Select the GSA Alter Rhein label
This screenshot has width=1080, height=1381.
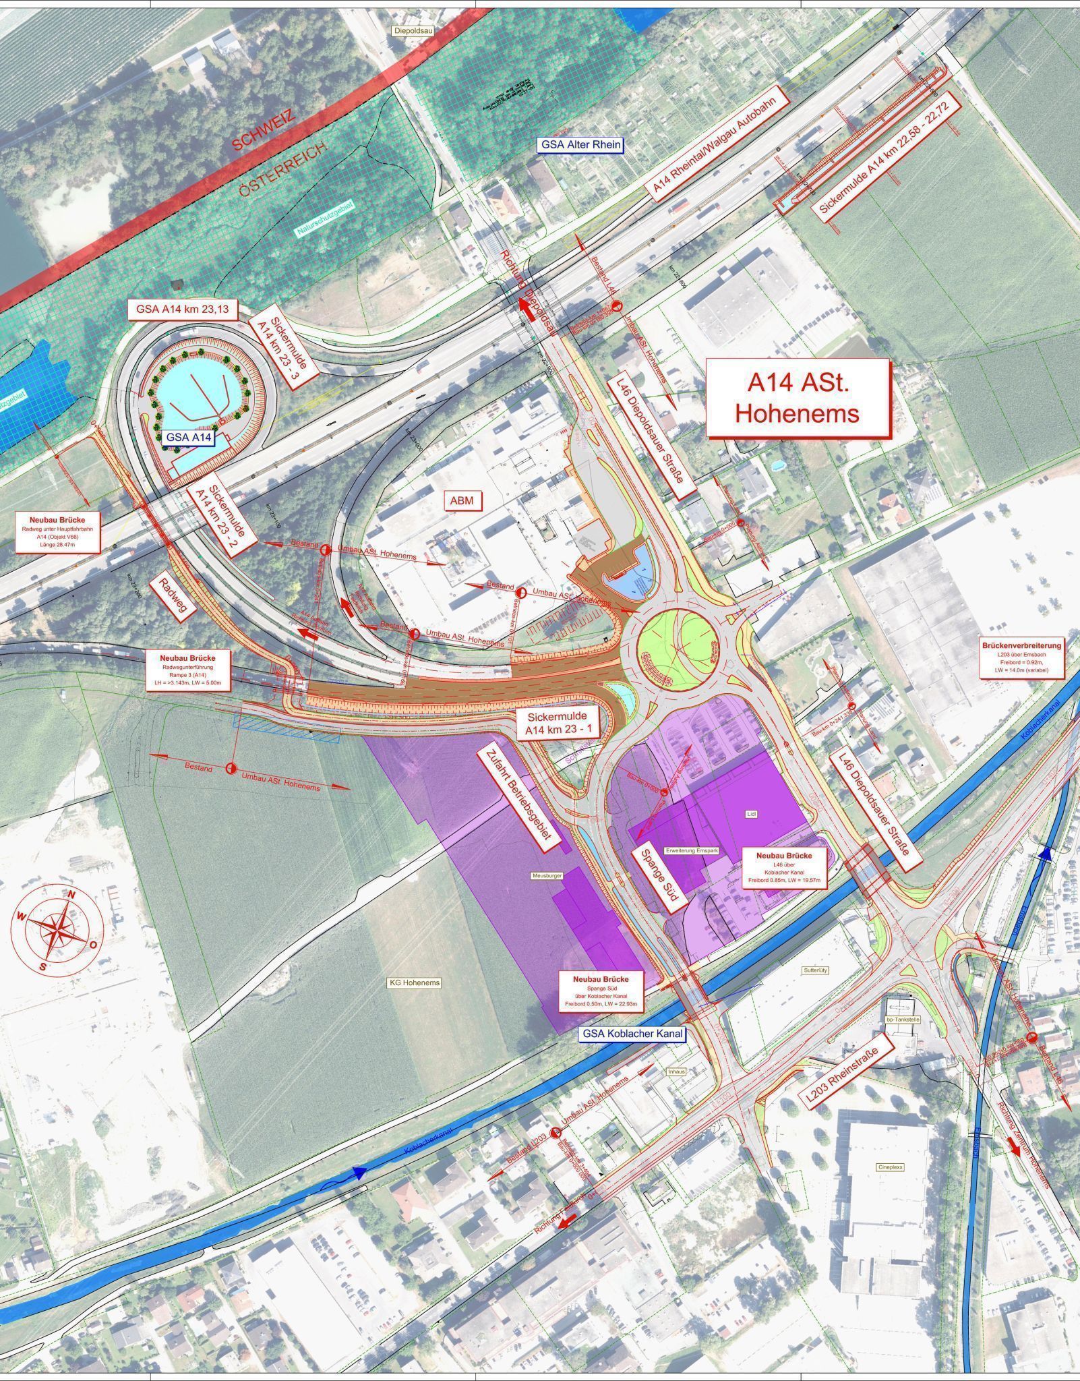(x=580, y=144)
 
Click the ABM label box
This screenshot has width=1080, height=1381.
(x=462, y=500)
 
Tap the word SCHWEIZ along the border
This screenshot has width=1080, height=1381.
(x=264, y=131)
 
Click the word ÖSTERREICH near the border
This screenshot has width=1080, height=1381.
(x=283, y=169)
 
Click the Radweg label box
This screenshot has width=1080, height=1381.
(x=175, y=596)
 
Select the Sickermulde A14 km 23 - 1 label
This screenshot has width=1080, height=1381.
(x=557, y=723)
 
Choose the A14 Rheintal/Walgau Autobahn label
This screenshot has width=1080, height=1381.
(x=719, y=146)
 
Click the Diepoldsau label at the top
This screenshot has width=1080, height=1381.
(x=411, y=31)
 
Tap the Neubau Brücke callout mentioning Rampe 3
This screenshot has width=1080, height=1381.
(x=186, y=670)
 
